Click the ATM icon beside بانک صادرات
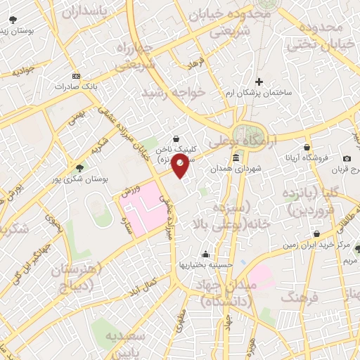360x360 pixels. pos(76,76)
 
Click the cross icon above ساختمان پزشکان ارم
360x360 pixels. pos(259,82)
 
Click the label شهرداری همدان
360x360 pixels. pos(236,169)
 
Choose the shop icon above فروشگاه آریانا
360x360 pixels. pos(307,147)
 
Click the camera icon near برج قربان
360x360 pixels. pos(346,159)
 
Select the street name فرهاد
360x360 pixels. pos(195,64)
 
